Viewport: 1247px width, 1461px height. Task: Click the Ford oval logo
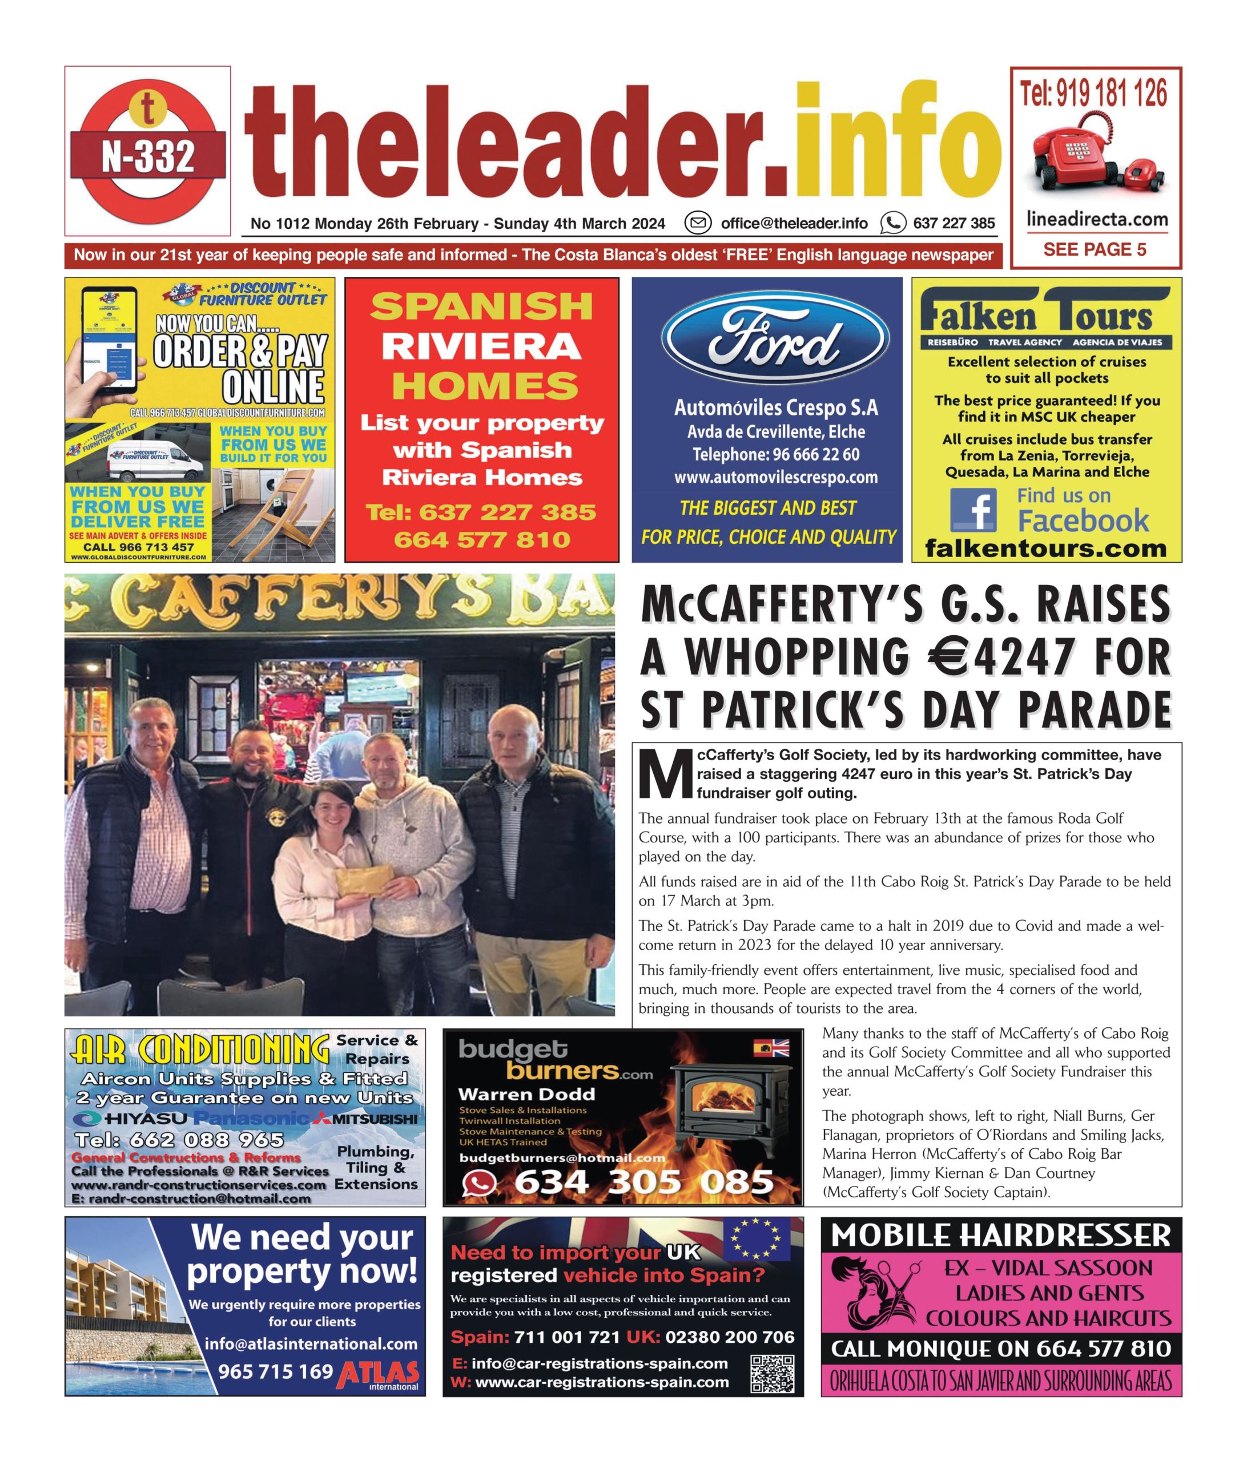[774, 338]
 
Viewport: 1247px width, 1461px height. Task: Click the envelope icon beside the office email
[698, 224]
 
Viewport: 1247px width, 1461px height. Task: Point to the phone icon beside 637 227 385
[892, 224]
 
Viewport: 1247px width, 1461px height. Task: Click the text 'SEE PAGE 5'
[1095, 249]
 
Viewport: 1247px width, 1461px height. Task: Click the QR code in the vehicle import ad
[773, 1374]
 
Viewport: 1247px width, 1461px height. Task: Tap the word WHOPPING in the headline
[797, 657]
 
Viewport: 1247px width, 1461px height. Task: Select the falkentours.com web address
[1045, 548]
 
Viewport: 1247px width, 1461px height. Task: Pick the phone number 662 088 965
[179, 1140]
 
